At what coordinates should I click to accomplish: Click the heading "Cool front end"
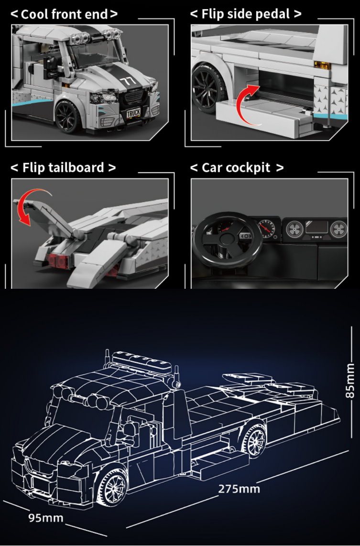(x=65, y=14)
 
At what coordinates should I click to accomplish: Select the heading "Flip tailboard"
(x=64, y=167)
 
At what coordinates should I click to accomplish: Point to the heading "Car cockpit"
(x=236, y=167)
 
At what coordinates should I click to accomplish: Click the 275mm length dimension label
(x=239, y=489)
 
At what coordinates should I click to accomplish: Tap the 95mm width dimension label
(x=45, y=518)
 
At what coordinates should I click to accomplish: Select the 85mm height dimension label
(x=349, y=380)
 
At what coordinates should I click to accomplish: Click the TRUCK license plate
(x=133, y=112)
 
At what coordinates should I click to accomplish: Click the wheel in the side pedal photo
(x=208, y=88)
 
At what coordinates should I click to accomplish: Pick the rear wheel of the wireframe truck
(x=254, y=440)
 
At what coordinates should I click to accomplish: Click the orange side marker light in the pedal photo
(x=322, y=65)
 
